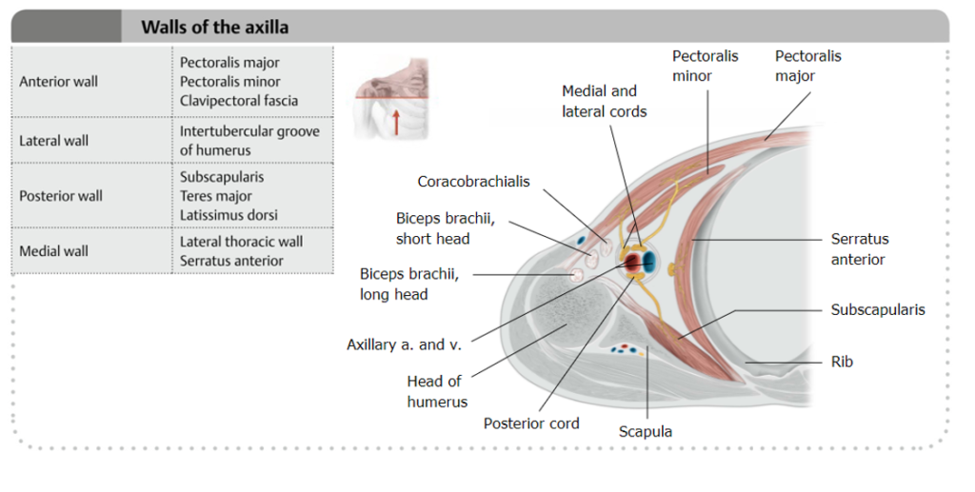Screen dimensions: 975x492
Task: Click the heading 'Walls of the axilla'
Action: (x=214, y=28)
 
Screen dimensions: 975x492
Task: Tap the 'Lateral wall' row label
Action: (x=54, y=141)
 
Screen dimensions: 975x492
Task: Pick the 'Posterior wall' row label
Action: (x=61, y=196)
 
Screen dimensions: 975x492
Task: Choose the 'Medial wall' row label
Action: (x=53, y=251)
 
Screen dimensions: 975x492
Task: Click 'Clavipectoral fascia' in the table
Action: (x=239, y=101)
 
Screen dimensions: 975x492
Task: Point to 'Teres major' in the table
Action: (x=216, y=196)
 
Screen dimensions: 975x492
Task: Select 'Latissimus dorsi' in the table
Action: (x=229, y=215)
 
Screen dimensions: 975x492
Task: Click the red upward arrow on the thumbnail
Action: (x=395, y=123)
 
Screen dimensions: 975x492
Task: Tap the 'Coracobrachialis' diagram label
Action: (x=474, y=182)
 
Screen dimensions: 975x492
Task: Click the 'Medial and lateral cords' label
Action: (x=605, y=101)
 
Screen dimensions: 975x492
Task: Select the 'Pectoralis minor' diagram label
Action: (x=706, y=66)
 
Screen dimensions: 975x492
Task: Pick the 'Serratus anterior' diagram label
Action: (x=860, y=249)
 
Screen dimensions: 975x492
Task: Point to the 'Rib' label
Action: (x=842, y=362)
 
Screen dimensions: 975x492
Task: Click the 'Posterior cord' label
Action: (x=531, y=423)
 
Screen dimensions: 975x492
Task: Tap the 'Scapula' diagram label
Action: (x=646, y=432)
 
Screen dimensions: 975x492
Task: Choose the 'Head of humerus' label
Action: (x=437, y=391)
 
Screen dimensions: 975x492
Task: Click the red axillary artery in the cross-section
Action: (x=632, y=262)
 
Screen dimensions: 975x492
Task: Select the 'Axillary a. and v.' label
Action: (x=404, y=344)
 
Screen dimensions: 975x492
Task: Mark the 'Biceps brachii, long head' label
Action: (x=409, y=284)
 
